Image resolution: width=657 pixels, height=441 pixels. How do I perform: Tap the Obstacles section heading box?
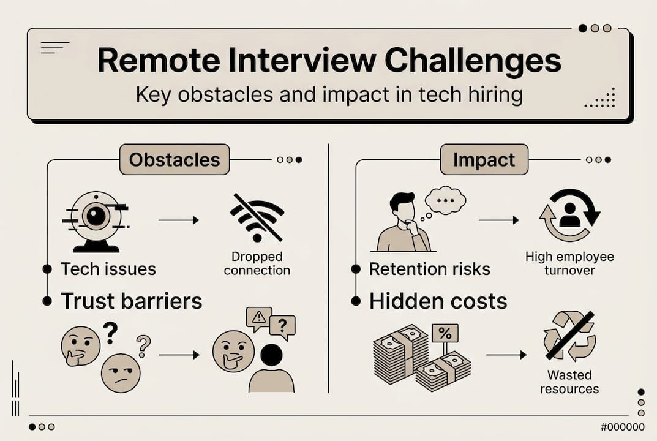click(x=174, y=160)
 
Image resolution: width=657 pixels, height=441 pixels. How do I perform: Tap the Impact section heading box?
click(x=483, y=160)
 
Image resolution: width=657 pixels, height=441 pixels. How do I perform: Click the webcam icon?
click(x=96, y=221)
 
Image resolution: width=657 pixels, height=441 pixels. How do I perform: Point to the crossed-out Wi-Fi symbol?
click(x=257, y=217)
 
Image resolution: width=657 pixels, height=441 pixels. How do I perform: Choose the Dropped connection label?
click(x=257, y=263)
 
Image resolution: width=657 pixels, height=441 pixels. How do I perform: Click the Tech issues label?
click(x=108, y=269)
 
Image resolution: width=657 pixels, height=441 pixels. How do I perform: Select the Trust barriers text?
click(x=131, y=301)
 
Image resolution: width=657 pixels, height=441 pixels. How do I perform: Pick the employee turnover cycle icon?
click(x=569, y=216)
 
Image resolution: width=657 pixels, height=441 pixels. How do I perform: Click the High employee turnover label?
click(x=569, y=263)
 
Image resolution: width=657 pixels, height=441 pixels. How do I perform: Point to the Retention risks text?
click(x=430, y=269)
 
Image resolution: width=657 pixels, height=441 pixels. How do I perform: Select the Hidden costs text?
click(x=438, y=301)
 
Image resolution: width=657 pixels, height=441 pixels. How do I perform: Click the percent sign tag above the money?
click(x=445, y=333)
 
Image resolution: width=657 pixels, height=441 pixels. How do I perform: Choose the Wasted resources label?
click(x=569, y=382)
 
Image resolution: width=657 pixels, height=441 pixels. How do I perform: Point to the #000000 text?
click(x=623, y=428)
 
